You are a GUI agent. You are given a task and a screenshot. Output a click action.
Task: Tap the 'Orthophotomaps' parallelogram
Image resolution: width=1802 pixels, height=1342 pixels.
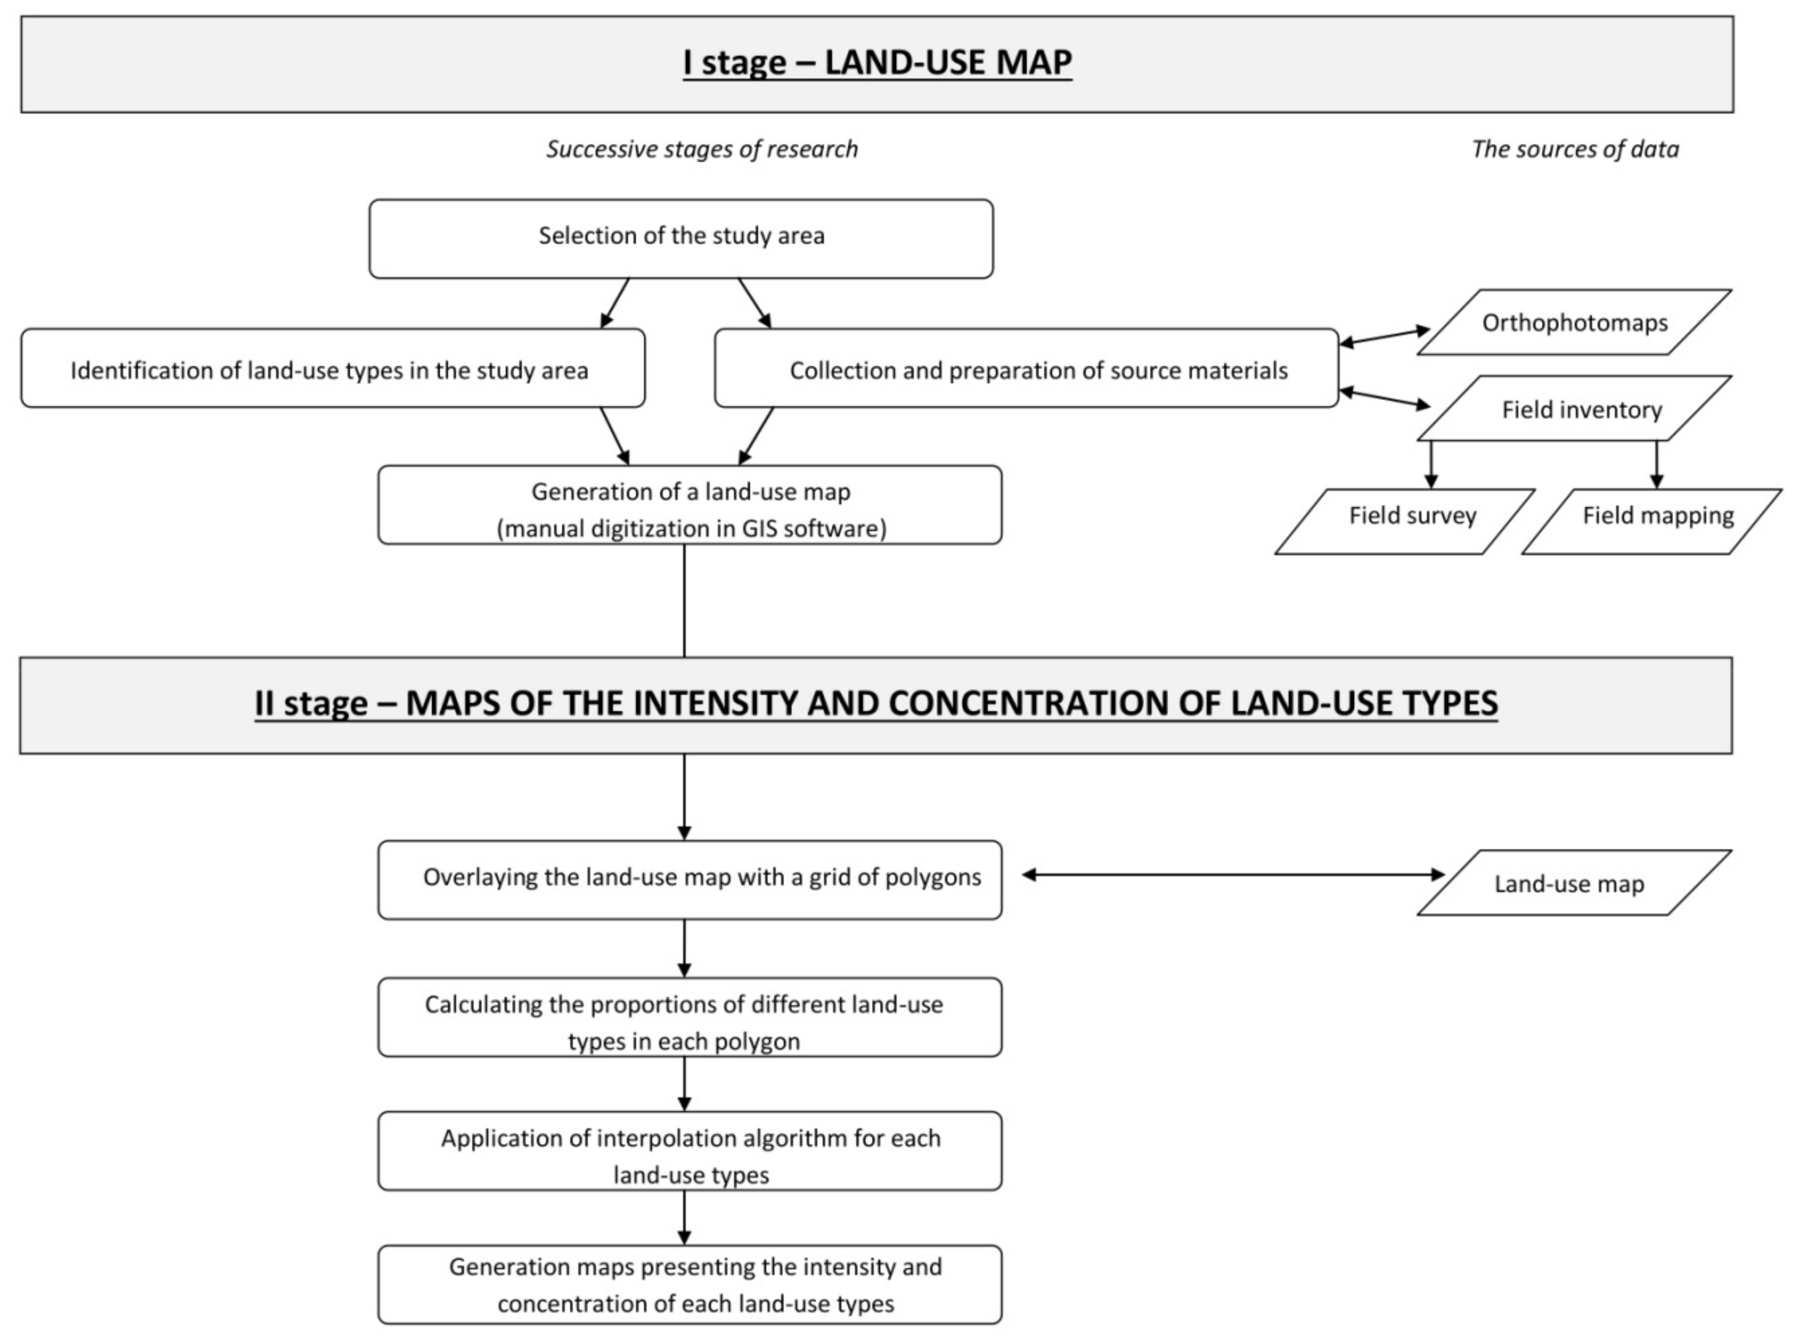click(x=1574, y=322)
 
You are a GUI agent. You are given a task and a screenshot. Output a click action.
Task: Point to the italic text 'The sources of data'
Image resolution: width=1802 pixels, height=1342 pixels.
click(x=1574, y=150)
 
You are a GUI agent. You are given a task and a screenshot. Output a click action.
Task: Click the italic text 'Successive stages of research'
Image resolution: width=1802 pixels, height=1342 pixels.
click(x=701, y=150)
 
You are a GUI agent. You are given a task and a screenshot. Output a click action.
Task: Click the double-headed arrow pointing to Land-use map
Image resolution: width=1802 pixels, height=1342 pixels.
click(x=1232, y=875)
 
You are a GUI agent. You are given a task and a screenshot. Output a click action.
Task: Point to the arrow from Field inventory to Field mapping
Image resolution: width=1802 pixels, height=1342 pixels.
click(x=1656, y=464)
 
